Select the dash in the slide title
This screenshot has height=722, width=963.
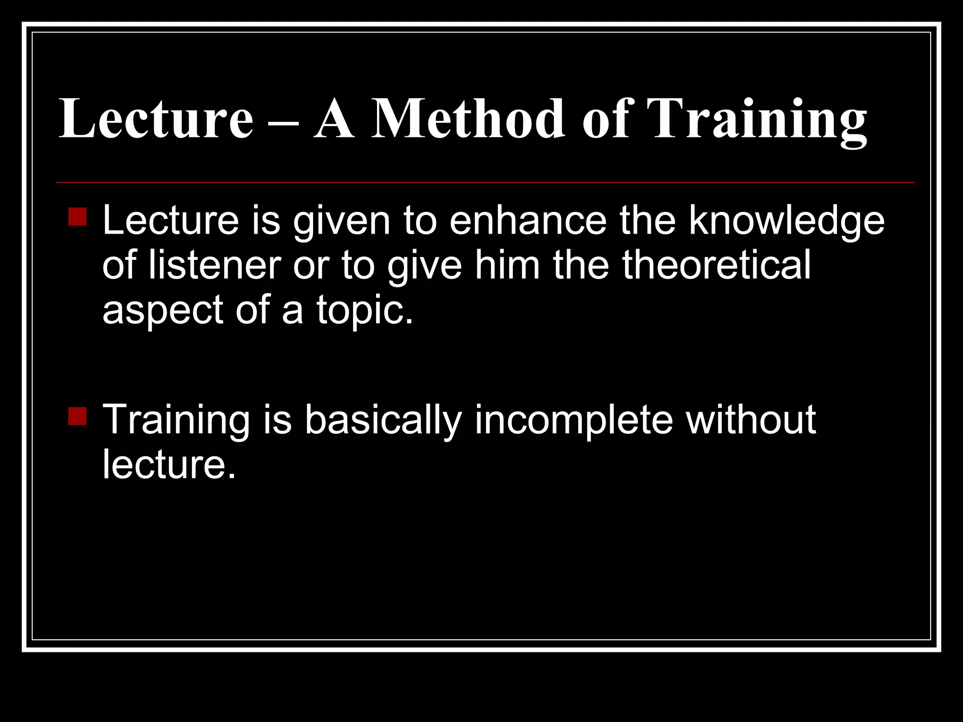pyautogui.click(x=284, y=123)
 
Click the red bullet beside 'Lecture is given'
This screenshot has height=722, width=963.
pyautogui.click(x=77, y=217)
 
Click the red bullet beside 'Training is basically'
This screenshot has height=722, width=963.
pyautogui.click(x=77, y=416)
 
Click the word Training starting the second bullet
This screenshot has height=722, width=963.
pyautogui.click(x=176, y=420)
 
